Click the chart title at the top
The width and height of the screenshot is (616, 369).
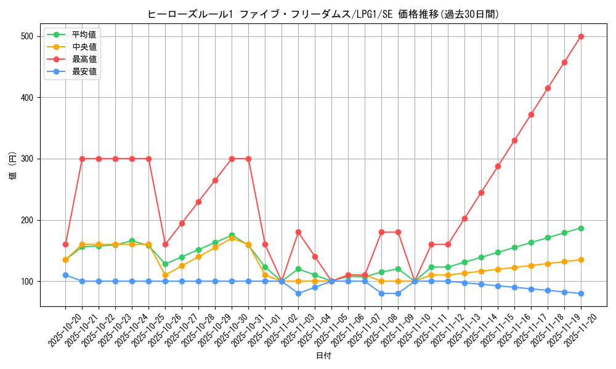point(323,14)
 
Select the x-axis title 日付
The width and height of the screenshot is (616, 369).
point(323,356)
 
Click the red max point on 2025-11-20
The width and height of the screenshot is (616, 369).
point(581,36)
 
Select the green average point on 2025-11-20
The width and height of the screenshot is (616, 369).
point(581,228)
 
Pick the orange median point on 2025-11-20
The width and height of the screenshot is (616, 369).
point(581,260)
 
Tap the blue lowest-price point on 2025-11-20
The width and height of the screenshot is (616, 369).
point(581,293)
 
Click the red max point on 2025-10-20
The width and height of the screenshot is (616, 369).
point(65,244)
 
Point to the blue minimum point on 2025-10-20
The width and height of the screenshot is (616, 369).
point(65,275)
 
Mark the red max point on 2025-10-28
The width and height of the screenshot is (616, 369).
point(198,202)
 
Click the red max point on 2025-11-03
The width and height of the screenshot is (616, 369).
point(298,232)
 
